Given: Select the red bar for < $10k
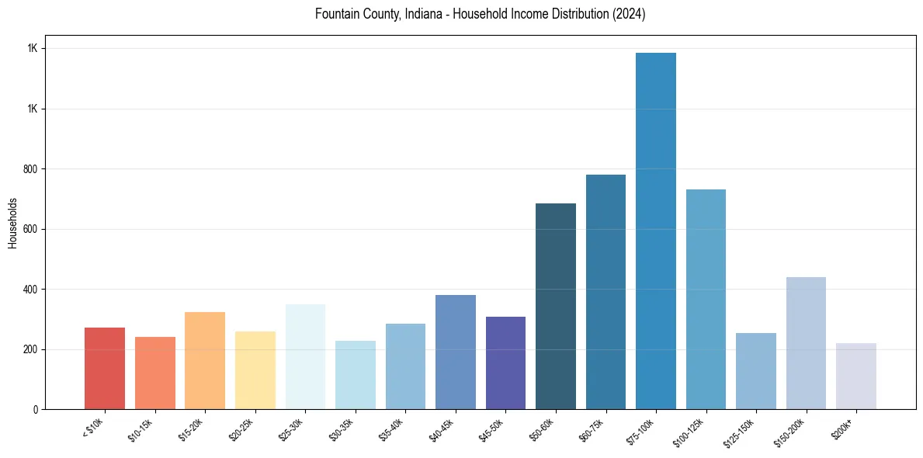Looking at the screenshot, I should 105,368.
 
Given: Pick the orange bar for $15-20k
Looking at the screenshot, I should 205,360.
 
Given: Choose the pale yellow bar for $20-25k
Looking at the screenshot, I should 255,370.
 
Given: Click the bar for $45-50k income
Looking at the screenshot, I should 505,363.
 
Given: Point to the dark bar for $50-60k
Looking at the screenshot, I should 556,306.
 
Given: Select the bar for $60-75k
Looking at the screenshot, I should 606,292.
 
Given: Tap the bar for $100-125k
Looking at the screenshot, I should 706,299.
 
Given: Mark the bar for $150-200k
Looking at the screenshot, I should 806,343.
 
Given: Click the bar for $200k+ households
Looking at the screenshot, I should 856,376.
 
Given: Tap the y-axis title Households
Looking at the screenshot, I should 12,222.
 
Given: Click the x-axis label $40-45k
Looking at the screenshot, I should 440,430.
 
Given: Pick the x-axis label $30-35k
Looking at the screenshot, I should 340,430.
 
